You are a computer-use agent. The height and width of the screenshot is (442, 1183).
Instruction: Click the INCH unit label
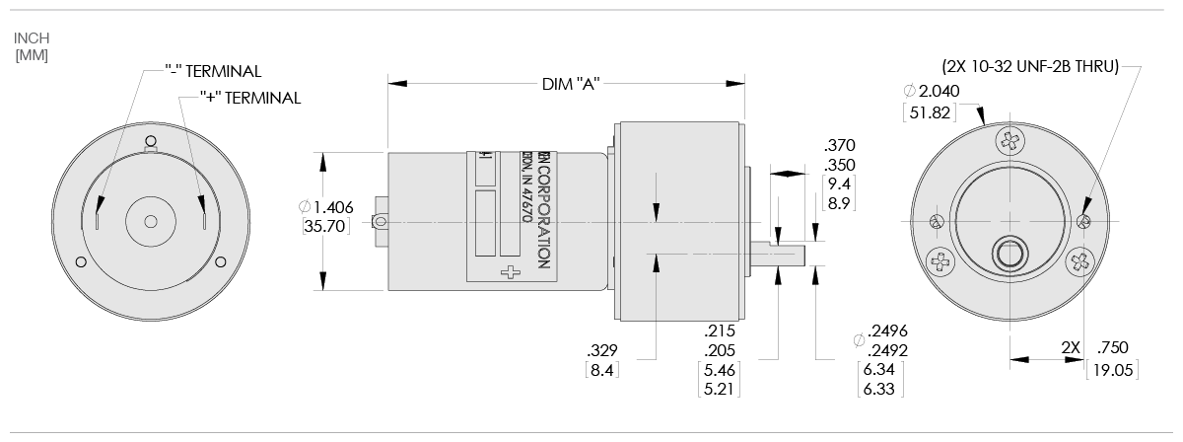32,37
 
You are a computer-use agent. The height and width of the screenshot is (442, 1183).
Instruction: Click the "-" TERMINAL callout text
212,71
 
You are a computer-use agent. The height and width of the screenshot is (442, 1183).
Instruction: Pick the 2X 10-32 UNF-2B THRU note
1031,67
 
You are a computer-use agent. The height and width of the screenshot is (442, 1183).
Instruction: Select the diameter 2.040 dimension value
931,91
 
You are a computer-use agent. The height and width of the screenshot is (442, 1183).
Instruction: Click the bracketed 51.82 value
931,112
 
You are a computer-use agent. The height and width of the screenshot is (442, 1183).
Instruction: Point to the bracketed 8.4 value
601,370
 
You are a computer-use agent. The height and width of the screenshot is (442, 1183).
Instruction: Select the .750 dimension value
1111,347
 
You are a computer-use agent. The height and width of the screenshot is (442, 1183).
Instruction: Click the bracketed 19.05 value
1111,370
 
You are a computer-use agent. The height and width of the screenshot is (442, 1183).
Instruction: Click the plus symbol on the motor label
510,273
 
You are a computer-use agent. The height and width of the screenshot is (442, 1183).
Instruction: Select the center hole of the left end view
150,221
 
